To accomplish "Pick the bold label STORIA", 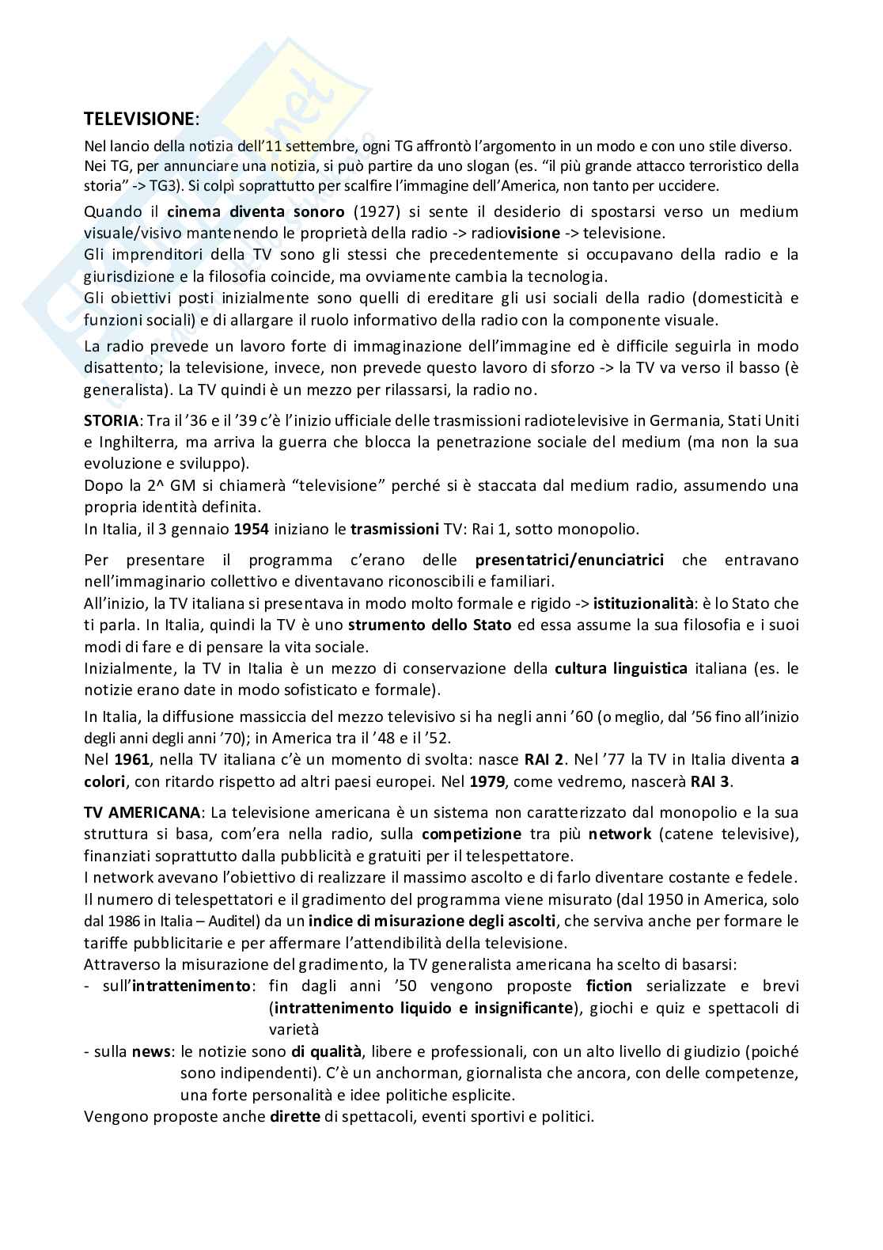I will [x=111, y=419].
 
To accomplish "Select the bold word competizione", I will [x=472, y=834].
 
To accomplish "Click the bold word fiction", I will [x=609, y=986].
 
